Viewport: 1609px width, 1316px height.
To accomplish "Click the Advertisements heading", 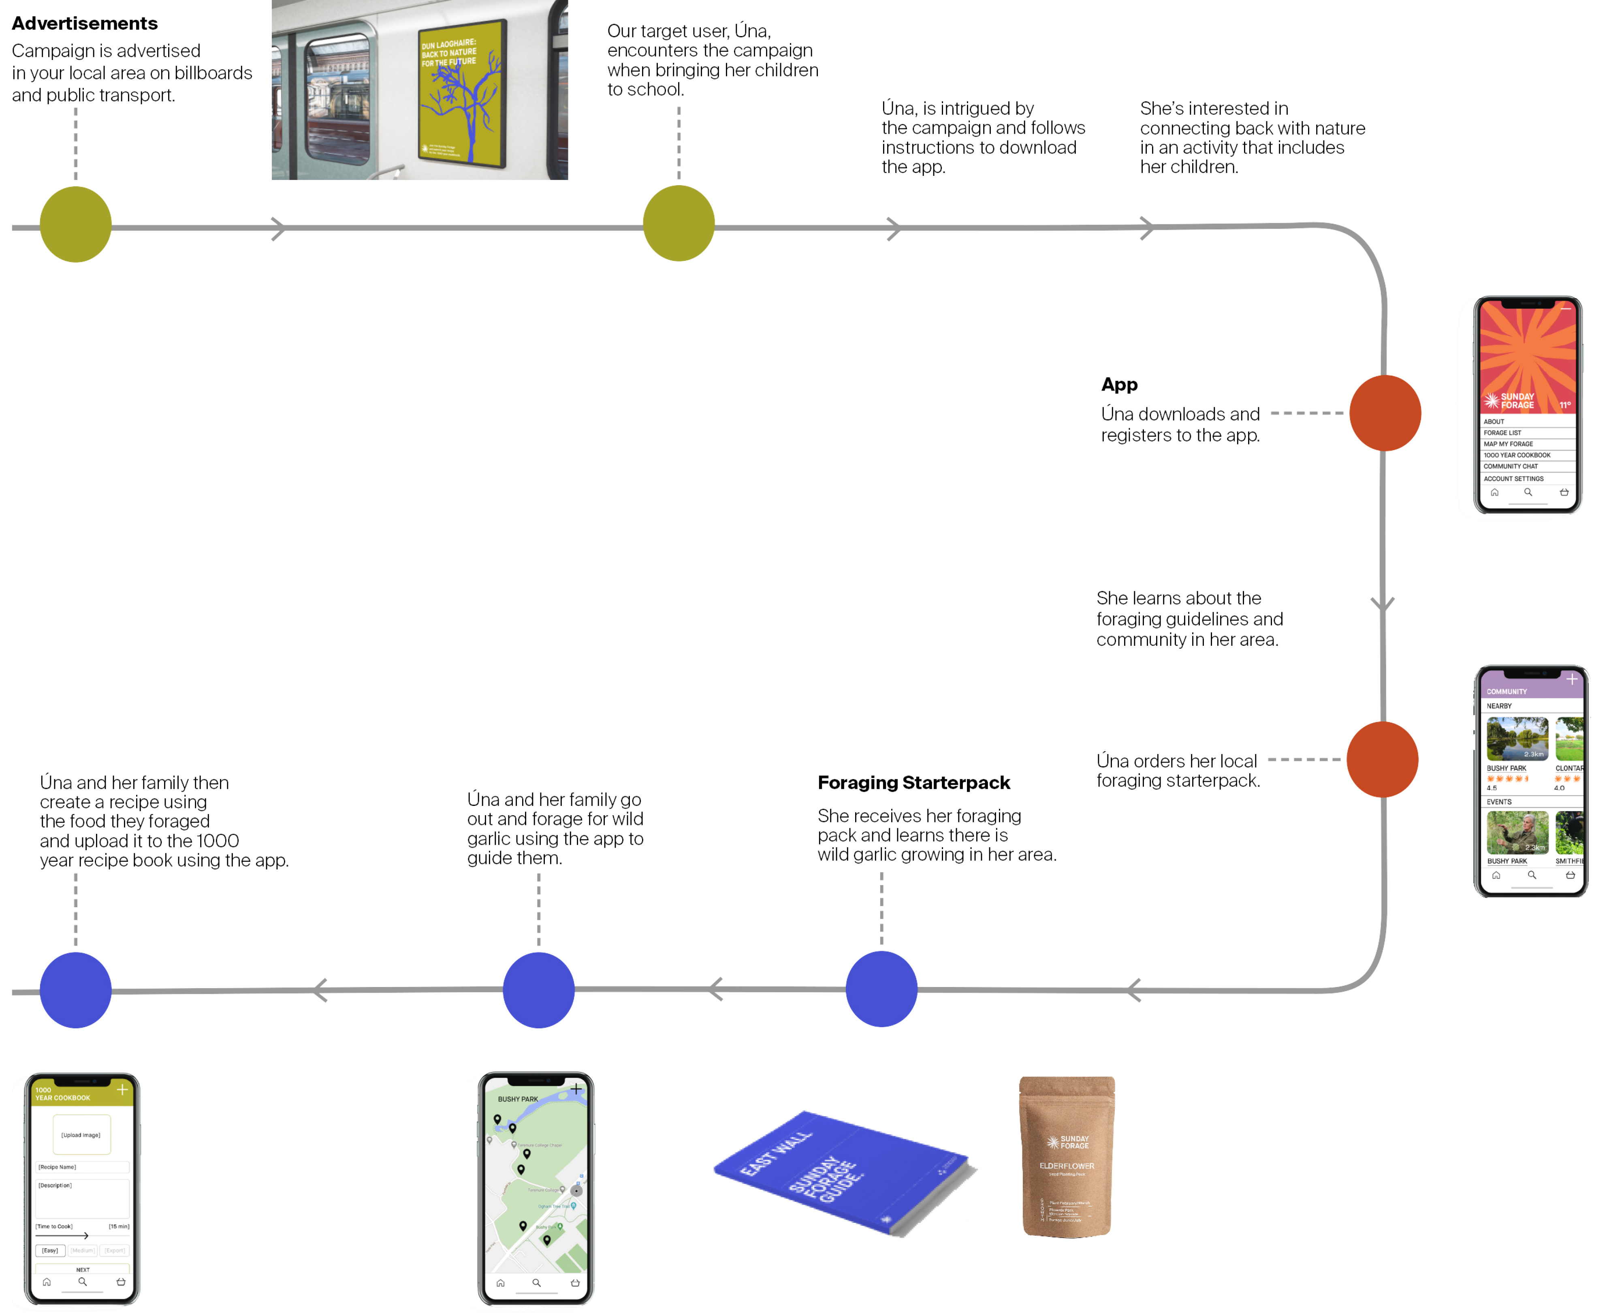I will pyautogui.click(x=84, y=23).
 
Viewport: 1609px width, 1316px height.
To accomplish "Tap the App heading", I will pyautogui.click(x=1119, y=385).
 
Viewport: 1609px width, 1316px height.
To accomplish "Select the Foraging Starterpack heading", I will pyautogui.click(x=913, y=782).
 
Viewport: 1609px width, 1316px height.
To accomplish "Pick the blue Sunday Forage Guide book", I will pyautogui.click(x=841, y=1171).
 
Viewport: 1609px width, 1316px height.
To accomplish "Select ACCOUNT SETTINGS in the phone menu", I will pyautogui.click(x=1513, y=479).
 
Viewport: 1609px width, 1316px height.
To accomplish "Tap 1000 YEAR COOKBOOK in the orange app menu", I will pyautogui.click(x=1517, y=455).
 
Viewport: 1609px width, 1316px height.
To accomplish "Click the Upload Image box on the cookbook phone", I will pyautogui.click(x=81, y=1135).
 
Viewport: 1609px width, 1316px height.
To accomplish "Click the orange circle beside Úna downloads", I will pyautogui.click(x=1385, y=413).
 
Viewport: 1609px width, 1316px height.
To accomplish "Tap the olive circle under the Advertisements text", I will pyautogui.click(x=76, y=224).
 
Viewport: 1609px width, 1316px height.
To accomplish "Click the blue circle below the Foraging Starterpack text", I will pyautogui.click(x=881, y=989).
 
